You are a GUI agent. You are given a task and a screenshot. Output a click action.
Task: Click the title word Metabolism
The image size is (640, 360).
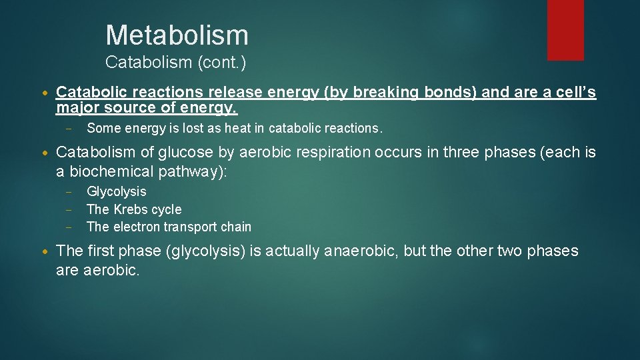click(x=177, y=35)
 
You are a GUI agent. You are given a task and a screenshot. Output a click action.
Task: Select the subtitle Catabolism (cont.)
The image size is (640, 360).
click(x=176, y=63)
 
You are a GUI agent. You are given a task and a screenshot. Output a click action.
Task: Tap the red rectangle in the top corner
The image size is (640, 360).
click(x=565, y=30)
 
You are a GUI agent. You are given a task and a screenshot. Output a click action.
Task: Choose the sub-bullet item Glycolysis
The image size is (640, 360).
click(x=117, y=192)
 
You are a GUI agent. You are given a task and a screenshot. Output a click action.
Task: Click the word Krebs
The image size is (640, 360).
click(x=131, y=209)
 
